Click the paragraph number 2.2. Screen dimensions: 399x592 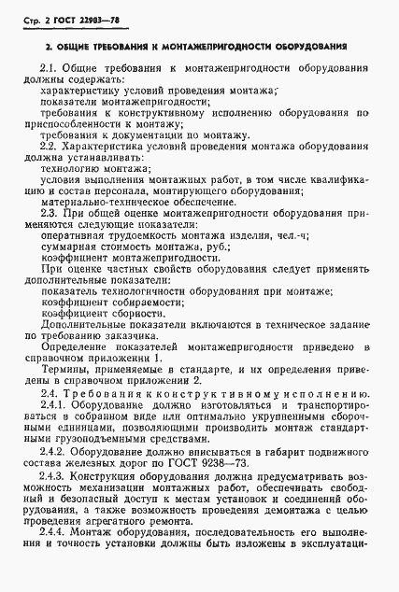52,148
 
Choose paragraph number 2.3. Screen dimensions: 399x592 52,214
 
